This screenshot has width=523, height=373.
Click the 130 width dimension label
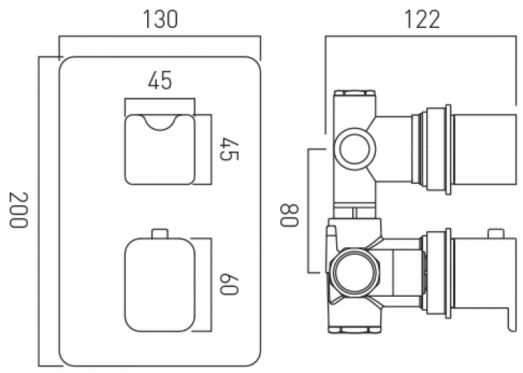(160, 20)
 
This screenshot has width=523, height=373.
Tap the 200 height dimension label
(17, 210)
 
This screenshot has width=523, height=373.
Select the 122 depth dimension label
(422, 20)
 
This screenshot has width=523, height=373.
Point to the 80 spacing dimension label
(289, 215)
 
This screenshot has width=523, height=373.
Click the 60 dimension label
(229, 284)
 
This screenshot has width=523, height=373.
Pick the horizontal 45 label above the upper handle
(160, 80)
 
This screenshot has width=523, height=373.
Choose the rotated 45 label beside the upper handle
(229, 149)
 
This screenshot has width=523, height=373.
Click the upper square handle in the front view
(160, 149)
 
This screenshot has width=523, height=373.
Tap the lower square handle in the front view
(160, 284)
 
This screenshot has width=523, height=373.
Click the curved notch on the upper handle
(160, 123)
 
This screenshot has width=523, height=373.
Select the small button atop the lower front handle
(160, 233)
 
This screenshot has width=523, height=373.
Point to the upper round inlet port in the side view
(354, 148)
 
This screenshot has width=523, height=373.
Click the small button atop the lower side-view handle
(496, 233)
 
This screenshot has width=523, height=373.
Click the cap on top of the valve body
(354, 94)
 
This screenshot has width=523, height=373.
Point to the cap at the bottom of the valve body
(354, 330)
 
